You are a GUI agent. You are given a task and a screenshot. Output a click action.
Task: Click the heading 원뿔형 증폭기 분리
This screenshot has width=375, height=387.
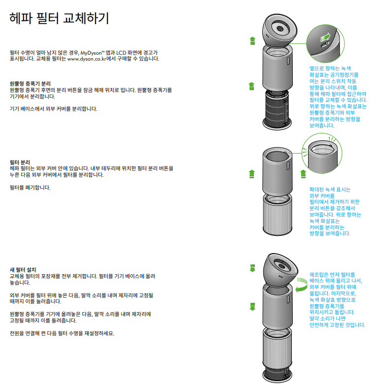pos(31,84)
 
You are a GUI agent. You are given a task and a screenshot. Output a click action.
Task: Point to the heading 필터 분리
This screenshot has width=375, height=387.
pos(20,162)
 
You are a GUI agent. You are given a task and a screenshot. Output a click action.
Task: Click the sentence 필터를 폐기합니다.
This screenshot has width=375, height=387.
pos(30,188)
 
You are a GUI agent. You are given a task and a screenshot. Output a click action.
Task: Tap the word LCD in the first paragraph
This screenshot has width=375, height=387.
pos(121,52)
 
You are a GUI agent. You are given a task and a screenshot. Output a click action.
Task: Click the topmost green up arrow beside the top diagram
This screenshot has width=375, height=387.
pos(252,40)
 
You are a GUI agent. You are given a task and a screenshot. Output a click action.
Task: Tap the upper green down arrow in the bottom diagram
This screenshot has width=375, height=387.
pos(252,268)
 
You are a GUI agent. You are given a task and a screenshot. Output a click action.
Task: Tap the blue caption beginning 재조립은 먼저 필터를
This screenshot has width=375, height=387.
pos(337,299)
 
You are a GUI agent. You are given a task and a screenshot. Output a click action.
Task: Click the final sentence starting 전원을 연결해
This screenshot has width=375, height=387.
pos(62,333)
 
